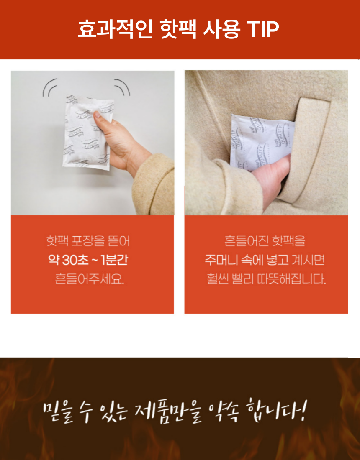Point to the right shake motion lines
pyautogui.click(x=123, y=87)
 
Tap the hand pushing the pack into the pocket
pyautogui.click(x=274, y=176)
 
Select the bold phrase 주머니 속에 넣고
pyautogui.click(x=247, y=260)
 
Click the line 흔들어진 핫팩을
pyautogui.click(x=265, y=241)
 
